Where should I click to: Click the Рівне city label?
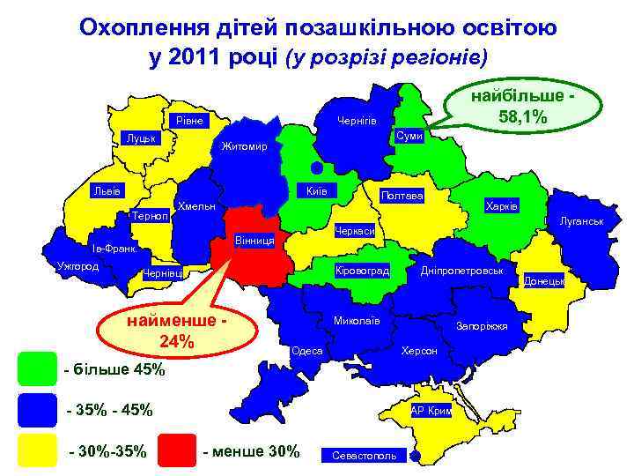[188, 120]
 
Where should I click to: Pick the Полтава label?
[401, 195]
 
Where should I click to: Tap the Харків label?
[502, 205]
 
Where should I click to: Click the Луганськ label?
[580, 220]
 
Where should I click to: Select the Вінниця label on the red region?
[255, 240]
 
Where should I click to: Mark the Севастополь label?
[364, 456]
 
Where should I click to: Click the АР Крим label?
[431, 411]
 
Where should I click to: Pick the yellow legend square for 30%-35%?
[36, 452]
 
